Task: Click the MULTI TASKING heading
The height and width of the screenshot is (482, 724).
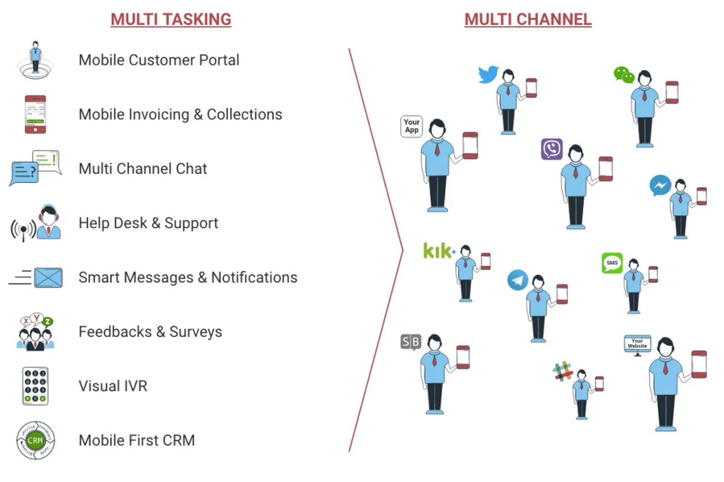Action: (171, 19)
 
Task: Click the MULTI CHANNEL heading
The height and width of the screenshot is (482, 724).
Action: (528, 19)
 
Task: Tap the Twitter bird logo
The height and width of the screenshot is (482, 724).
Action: (488, 74)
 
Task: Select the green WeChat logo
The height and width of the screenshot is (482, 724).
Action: (624, 75)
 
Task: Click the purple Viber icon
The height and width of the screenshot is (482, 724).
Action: (551, 149)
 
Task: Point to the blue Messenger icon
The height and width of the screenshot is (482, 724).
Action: (661, 185)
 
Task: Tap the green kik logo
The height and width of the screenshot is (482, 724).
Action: (439, 250)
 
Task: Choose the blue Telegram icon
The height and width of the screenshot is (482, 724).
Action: (518, 280)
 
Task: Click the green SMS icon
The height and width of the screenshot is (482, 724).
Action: (612, 263)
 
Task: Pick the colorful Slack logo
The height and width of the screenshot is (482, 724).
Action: (564, 371)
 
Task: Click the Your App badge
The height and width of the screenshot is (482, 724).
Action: (412, 126)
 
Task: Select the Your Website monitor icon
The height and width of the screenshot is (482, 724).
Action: (637, 344)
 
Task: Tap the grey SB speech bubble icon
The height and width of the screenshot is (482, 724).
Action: (410, 342)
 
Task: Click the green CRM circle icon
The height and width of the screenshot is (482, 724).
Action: (36, 440)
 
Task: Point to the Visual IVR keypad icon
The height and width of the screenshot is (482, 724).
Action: (35, 386)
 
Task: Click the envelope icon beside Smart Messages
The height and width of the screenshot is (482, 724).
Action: (48, 278)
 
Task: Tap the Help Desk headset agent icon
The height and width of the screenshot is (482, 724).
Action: (48, 223)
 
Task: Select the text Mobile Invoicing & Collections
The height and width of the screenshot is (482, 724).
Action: (180, 114)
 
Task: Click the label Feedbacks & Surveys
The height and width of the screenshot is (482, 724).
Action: (150, 332)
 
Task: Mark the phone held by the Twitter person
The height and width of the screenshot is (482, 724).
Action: (531, 88)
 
